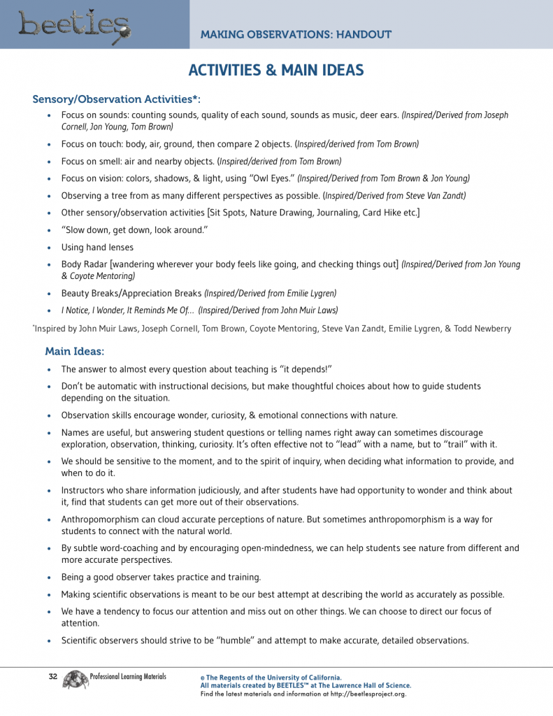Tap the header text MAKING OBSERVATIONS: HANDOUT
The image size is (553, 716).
click(296, 35)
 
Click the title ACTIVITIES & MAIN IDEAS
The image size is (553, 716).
click(276, 71)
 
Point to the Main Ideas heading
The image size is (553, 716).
click(75, 351)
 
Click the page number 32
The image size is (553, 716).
click(52, 677)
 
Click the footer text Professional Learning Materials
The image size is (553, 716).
click(128, 677)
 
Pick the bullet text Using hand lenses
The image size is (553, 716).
click(97, 247)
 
